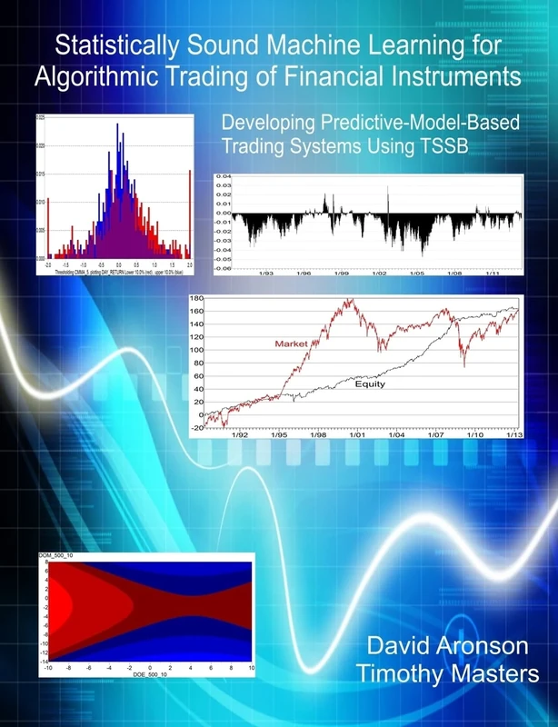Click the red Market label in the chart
coord(288,343)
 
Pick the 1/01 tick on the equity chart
coord(355,433)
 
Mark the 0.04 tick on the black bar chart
coord(223,176)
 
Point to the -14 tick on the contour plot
coord(42,661)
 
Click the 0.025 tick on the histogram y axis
coord(40,118)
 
